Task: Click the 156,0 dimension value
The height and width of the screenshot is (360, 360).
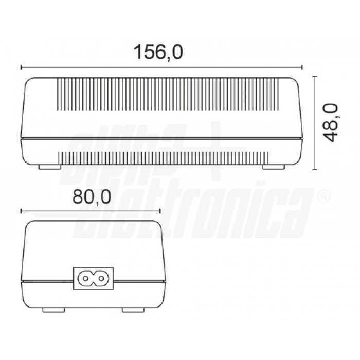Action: point(158,52)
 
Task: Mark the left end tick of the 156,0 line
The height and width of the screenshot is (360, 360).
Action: point(21,67)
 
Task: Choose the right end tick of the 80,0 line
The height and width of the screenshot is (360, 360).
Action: point(160,210)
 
